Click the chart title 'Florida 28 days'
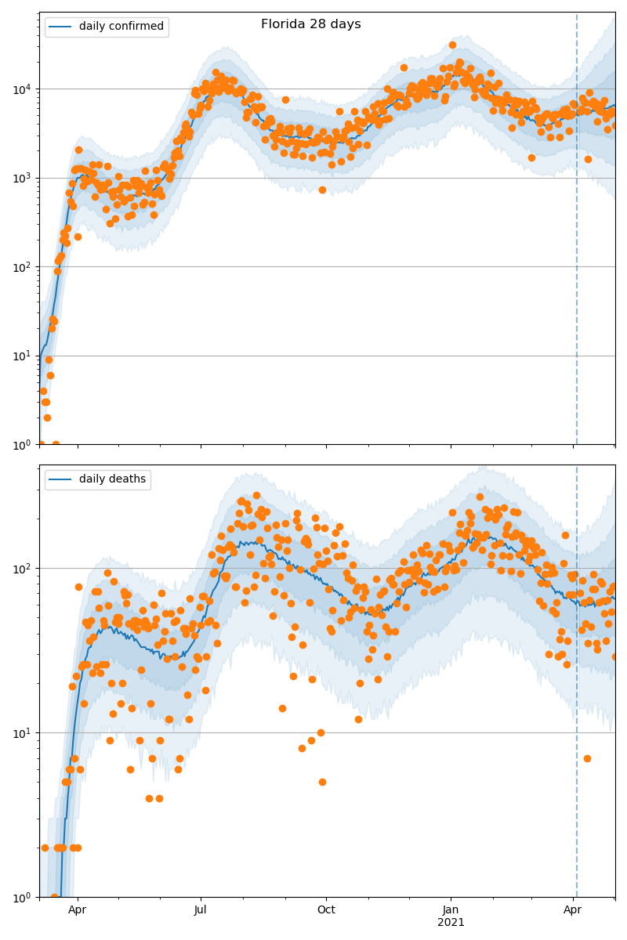[310, 24]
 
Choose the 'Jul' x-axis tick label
[201, 910]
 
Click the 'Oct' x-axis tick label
[326, 910]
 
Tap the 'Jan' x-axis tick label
[451, 910]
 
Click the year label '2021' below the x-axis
[451, 923]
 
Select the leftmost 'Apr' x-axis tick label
[77, 910]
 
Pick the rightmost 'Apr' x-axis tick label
[573, 910]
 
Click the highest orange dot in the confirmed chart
[452, 45]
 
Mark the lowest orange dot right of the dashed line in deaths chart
[587, 758]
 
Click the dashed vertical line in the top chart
[577, 235]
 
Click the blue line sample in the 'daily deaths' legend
[60, 479]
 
